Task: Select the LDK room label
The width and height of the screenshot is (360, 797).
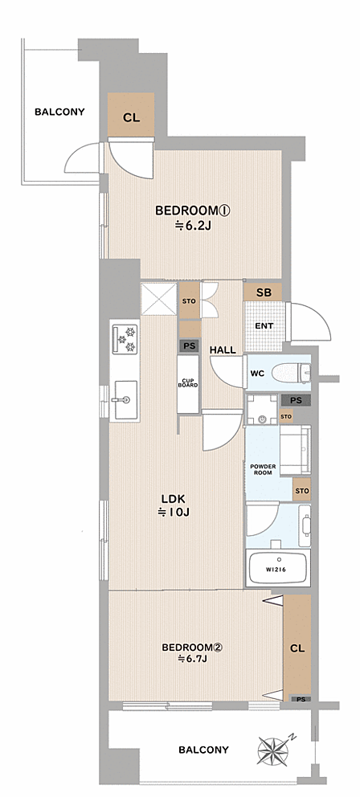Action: pos(173,498)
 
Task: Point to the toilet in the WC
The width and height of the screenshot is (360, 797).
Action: pos(292,374)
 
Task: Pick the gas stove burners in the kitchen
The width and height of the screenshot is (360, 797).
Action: pos(125,339)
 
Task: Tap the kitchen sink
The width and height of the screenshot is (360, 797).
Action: pos(125,399)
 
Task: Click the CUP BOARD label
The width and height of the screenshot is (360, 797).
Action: pos(187,382)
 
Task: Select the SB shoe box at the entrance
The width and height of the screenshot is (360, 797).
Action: pos(263,292)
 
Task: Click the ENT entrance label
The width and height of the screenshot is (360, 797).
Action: pos(264,326)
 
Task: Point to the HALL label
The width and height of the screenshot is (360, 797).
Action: pos(223,349)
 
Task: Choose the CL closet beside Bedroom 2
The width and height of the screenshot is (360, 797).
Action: pos(297,648)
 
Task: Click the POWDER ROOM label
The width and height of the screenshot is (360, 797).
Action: pos(263,469)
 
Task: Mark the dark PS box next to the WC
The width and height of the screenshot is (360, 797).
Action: pos(296,401)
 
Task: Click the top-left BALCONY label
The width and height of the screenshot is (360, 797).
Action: pos(59,112)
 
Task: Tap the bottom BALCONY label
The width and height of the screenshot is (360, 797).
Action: pos(203,750)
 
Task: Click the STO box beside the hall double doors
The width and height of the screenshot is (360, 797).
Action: pos(189,301)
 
